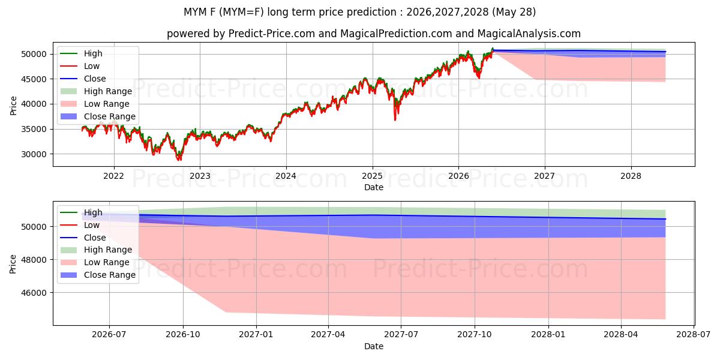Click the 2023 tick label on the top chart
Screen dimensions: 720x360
[x=200, y=176]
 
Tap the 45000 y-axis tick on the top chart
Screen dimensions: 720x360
[x=34, y=79]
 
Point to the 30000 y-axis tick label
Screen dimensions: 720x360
[x=34, y=154]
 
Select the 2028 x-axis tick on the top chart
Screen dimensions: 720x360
[x=631, y=176]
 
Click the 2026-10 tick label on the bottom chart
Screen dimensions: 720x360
[x=183, y=335]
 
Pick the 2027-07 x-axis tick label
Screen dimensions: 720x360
[x=401, y=335]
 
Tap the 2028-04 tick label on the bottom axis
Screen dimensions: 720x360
[x=621, y=335]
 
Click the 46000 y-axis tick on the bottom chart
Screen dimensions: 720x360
[x=34, y=293]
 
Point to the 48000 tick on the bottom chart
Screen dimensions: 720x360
[x=34, y=260]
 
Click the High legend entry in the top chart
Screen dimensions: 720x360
[x=93, y=53]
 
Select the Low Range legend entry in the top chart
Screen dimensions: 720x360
[x=106, y=104]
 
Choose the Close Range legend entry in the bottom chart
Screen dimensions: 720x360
[x=110, y=275]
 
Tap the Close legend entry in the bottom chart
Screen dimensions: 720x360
[x=95, y=238]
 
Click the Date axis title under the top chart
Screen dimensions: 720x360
[x=373, y=187]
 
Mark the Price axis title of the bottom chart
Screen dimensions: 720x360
[x=13, y=264]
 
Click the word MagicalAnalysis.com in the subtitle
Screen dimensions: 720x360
[x=529, y=34]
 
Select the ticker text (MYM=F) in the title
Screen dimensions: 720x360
[x=241, y=12]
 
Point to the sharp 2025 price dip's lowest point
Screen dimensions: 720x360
[x=395, y=120]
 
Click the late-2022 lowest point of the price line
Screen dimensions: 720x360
[x=179, y=160]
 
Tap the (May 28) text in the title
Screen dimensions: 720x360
[x=514, y=12]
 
